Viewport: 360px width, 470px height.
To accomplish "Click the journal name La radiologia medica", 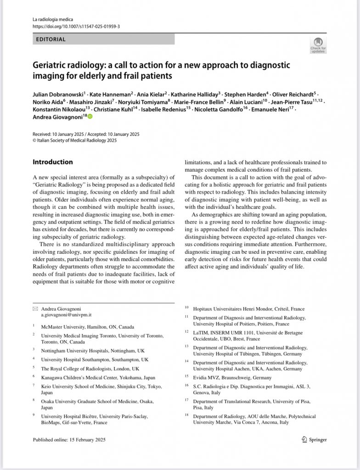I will [53, 19].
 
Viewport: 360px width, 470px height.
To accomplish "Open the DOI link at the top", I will [76, 27].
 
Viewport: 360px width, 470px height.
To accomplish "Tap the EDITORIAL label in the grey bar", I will [50, 39].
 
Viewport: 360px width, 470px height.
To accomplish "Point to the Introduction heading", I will [53, 162].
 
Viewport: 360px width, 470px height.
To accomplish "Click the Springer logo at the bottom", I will [315, 439].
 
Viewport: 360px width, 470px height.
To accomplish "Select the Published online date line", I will [69, 440].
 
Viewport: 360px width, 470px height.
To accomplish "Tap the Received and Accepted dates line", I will [86, 134].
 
